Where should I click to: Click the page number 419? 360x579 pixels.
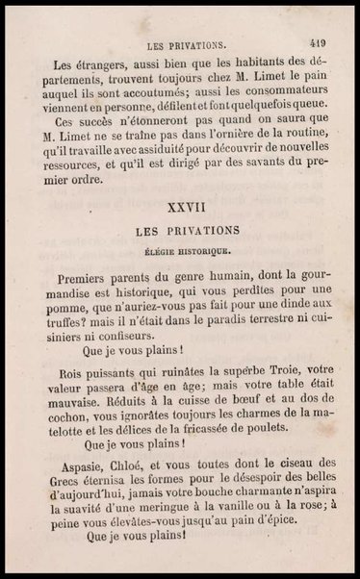point(318,42)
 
